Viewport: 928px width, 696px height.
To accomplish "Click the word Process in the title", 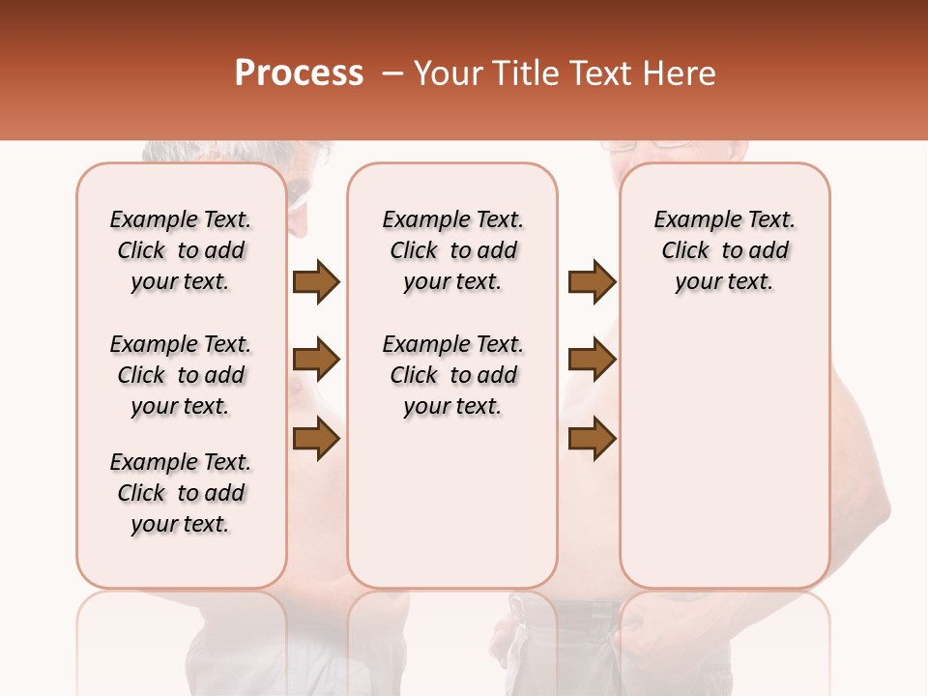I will pos(299,73).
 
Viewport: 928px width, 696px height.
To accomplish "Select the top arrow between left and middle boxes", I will pos(316,281).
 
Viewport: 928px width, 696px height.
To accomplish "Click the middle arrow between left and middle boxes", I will pos(316,361).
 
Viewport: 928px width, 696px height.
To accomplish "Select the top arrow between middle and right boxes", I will pos(592,281).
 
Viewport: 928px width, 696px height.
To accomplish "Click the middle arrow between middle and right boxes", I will pos(592,361).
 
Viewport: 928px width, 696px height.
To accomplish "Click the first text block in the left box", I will pos(181,250).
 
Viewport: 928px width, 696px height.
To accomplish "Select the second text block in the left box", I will pos(181,375).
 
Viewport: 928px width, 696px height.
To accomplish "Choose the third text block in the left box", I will pos(181,493).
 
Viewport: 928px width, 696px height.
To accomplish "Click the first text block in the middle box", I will pos(452,250).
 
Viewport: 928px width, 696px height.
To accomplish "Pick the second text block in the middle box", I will pos(452,375).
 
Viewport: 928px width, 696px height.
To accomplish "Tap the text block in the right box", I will pos(724,250).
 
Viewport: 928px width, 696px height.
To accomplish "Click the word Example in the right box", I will pos(688,220).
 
